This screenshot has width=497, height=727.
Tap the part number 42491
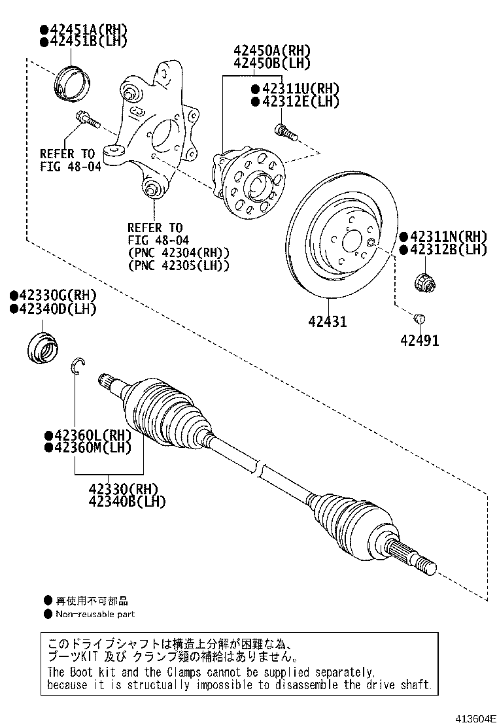click(x=419, y=340)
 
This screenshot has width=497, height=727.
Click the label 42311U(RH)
click(x=291, y=89)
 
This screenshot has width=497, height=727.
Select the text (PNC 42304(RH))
click(x=179, y=252)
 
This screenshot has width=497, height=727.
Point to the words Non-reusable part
click(x=95, y=614)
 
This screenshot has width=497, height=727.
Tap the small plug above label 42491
click(x=420, y=318)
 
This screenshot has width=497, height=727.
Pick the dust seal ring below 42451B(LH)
click(x=71, y=83)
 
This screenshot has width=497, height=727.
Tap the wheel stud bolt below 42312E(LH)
click(x=285, y=131)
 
